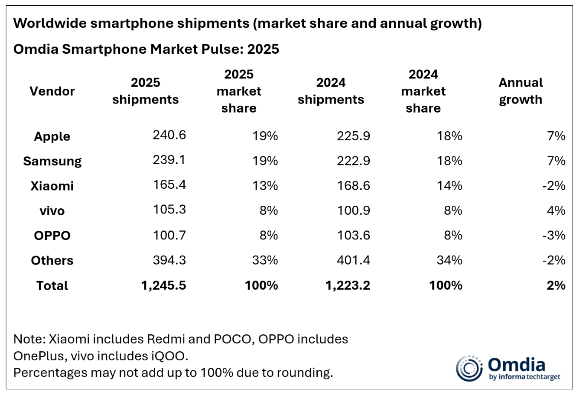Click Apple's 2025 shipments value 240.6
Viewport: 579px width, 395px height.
click(169, 135)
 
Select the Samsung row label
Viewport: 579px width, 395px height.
click(52, 161)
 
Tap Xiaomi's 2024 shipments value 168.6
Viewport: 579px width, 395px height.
click(353, 186)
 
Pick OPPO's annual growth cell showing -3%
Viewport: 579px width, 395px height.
click(554, 236)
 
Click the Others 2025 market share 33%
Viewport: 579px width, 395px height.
click(265, 260)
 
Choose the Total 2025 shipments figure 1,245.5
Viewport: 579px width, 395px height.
click(163, 285)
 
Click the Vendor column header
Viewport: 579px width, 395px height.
click(52, 91)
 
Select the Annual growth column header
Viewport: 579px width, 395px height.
click(520, 91)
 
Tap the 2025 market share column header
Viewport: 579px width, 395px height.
click(239, 91)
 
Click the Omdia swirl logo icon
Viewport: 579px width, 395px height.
click(469, 369)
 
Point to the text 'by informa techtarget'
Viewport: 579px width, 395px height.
click(524, 377)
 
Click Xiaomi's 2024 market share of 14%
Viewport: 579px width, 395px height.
click(449, 186)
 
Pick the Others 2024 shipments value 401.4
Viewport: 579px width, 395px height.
click(353, 260)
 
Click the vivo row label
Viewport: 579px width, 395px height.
click(52, 211)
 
